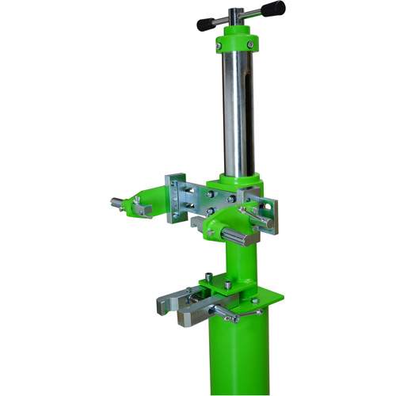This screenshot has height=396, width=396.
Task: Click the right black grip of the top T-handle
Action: click(x=272, y=9)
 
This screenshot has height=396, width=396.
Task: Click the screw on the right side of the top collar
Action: click(x=251, y=45)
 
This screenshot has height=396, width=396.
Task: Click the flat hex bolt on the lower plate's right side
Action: click(x=254, y=300)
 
